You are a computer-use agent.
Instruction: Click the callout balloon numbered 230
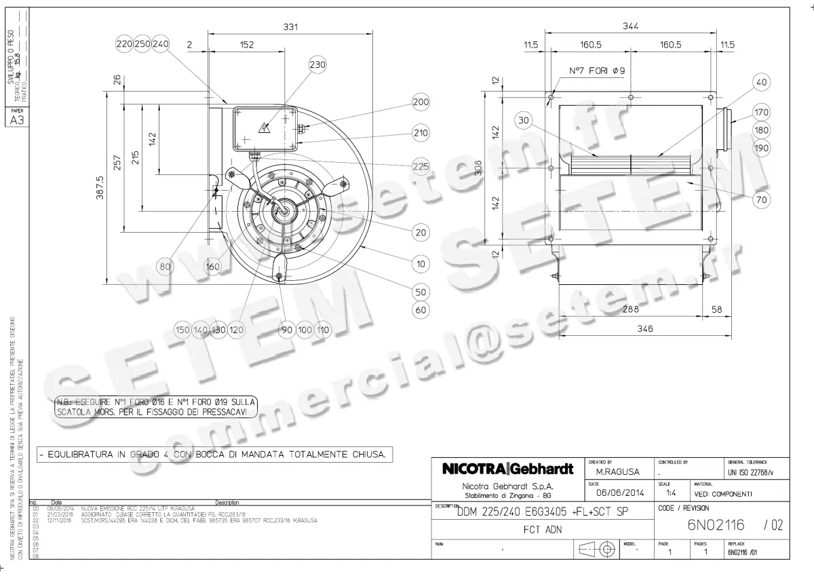click(x=317, y=64)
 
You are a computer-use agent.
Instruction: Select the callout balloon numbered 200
click(x=421, y=102)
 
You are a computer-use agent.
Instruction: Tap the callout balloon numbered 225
click(x=421, y=166)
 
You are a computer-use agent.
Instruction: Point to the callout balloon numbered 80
click(x=165, y=267)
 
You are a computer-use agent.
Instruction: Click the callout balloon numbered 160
click(x=213, y=267)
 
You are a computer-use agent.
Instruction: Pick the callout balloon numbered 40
click(x=761, y=82)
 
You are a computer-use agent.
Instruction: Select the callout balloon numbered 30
click(x=523, y=121)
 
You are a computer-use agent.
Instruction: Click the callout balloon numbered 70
click(x=761, y=199)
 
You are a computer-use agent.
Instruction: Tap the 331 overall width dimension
click(x=290, y=26)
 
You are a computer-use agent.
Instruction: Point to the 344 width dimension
click(x=631, y=26)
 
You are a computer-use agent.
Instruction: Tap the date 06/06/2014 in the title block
click(x=616, y=493)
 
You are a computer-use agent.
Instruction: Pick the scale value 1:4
click(x=671, y=493)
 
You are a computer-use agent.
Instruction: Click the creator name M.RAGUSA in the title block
click(x=615, y=471)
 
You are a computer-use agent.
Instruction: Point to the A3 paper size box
click(x=15, y=121)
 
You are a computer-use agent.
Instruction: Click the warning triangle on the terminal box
click(x=263, y=126)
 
